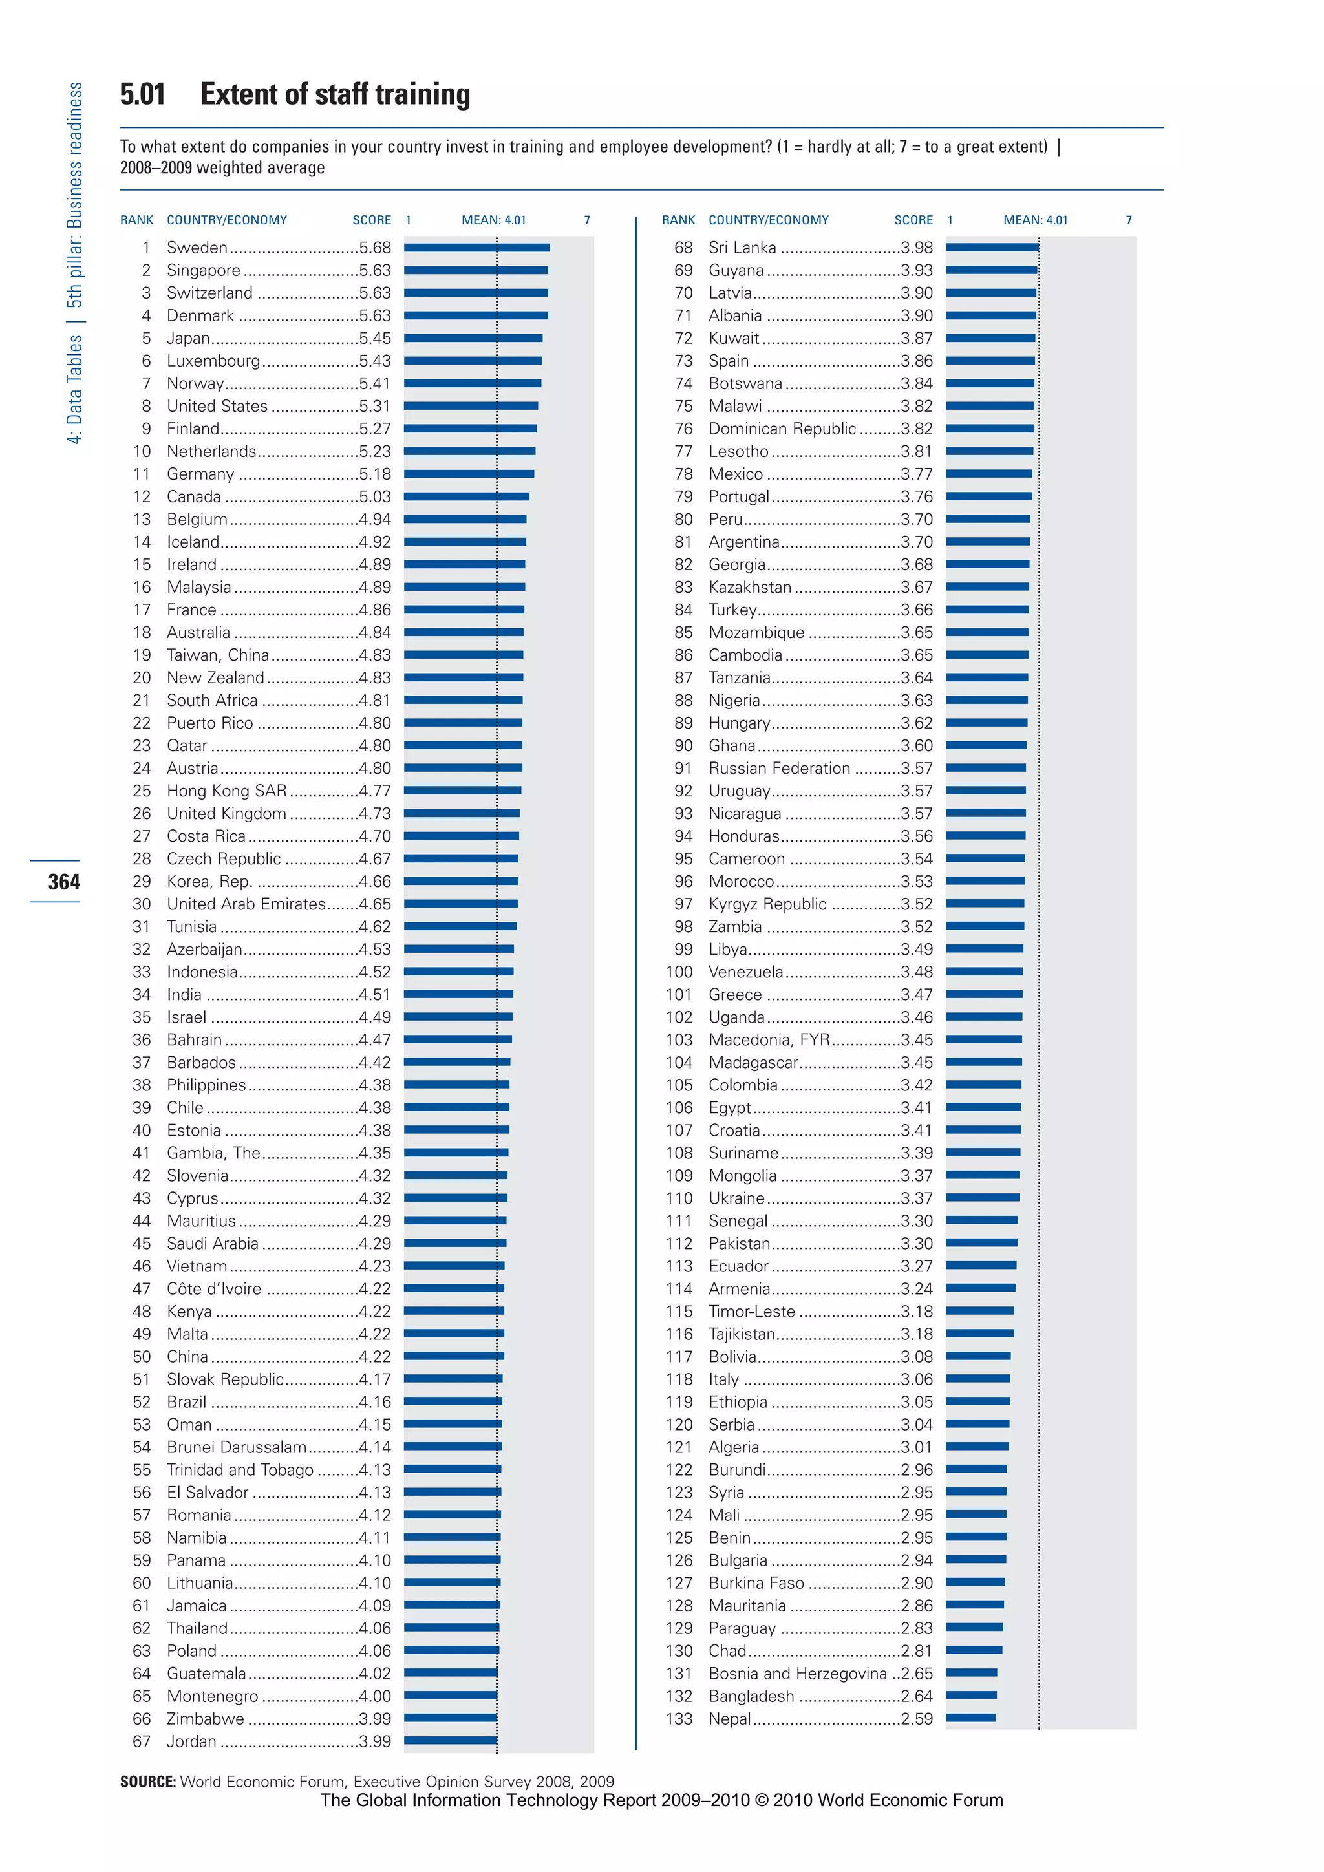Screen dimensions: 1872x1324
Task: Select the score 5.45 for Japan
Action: [x=374, y=337]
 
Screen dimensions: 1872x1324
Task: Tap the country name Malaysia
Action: [x=199, y=587]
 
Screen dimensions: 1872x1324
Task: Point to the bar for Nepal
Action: [x=970, y=1719]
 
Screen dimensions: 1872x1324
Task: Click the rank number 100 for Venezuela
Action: [x=678, y=972]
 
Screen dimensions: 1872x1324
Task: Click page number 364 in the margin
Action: [x=63, y=881]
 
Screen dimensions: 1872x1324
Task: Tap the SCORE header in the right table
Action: [x=913, y=220]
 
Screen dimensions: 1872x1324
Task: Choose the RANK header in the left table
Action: [x=136, y=220]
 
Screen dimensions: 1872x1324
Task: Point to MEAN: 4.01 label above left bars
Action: [x=493, y=220]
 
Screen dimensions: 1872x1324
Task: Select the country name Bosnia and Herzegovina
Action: [x=797, y=1673]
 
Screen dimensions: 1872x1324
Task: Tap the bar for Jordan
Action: [x=450, y=1741]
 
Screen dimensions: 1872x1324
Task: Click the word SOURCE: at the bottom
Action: [x=147, y=1782]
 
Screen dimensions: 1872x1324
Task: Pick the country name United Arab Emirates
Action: [x=246, y=904]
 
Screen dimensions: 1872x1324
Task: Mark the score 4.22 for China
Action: [x=374, y=1357]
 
